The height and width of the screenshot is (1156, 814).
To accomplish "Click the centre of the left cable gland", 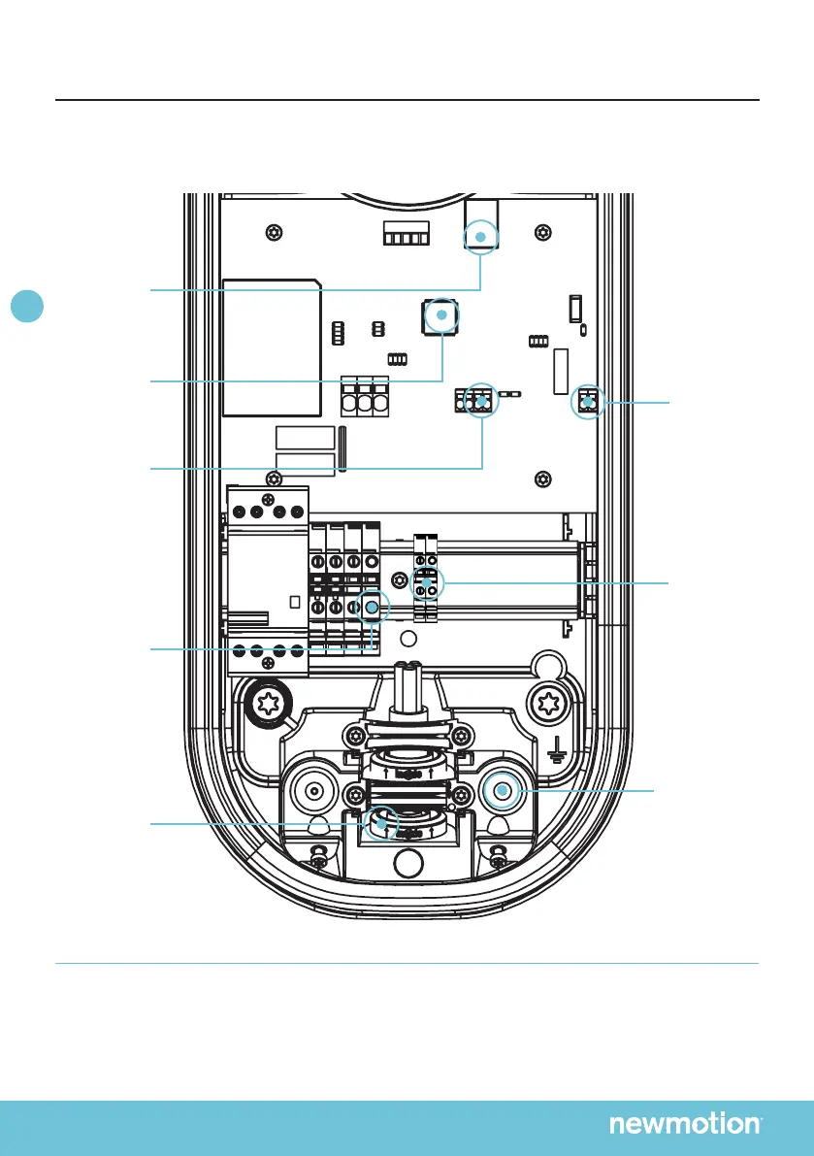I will click(x=313, y=791).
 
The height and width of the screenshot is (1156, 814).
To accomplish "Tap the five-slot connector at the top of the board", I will click(x=404, y=237).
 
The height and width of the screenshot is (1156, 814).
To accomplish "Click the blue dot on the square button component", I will click(x=440, y=315).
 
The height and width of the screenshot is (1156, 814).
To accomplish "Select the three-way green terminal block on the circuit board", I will click(x=364, y=399).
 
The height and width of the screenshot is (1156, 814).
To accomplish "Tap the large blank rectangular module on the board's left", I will click(x=272, y=345).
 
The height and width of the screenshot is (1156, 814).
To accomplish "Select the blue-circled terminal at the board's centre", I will click(x=480, y=399).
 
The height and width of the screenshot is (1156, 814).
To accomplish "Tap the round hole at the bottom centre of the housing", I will click(x=408, y=860).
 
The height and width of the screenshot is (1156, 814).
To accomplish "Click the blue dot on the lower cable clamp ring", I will click(x=381, y=824).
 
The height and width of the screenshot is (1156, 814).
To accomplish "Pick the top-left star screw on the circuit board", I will click(x=276, y=233).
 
